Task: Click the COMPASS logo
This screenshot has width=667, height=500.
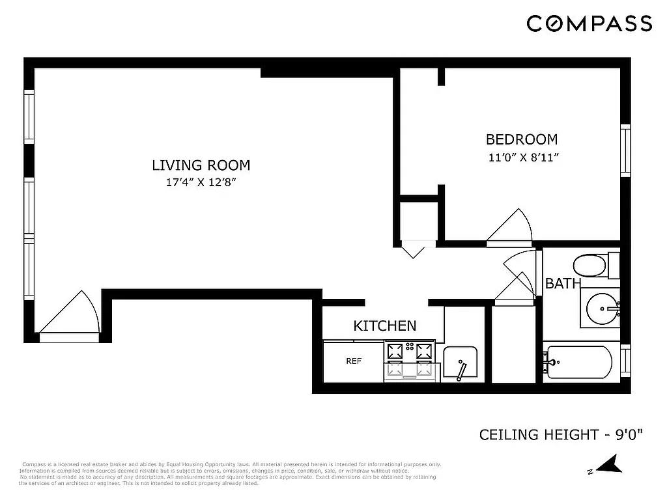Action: point(589,23)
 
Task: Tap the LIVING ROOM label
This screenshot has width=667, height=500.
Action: point(201,165)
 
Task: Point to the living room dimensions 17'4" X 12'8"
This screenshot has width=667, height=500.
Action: point(201,182)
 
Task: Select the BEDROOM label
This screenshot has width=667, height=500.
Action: point(522,139)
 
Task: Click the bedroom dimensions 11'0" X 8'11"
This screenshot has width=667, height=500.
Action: point(524,157)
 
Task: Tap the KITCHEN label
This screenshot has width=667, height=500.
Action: point(384,326)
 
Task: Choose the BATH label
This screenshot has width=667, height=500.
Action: point(562,284)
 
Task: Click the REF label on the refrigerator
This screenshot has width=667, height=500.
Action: point(353,361)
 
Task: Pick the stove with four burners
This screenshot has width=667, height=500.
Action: point(410,361)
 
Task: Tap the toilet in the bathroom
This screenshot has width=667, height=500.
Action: point(591,265)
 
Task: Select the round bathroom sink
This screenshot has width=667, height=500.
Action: point(603,308)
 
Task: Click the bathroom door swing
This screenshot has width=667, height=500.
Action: point(518,280)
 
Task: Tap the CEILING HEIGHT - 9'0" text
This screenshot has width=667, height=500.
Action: point(561,434)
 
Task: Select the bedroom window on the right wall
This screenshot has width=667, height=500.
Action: point(625,150)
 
